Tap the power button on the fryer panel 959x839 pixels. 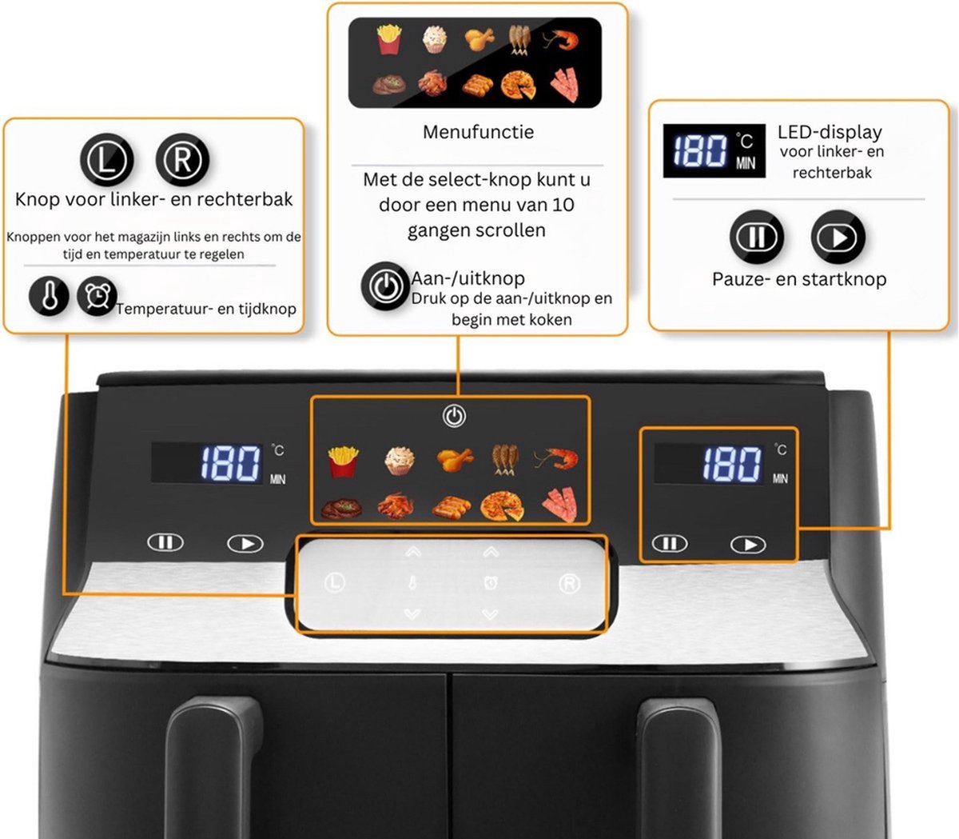pos(454,416)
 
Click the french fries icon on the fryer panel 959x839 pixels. pos(344,461)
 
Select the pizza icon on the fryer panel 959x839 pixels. pos(502,505)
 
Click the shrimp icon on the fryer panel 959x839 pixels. pos(556,459)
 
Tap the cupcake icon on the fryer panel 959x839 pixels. pos(400,461)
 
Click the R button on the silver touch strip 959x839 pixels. pos(570,583)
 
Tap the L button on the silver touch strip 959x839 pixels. pos(335,583)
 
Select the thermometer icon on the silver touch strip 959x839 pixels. pos(412,583)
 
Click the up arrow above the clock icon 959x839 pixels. pos(491,552)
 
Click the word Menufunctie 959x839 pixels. pos(478,132)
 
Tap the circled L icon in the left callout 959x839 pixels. pos(107,160)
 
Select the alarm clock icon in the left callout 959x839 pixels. pos(97,295)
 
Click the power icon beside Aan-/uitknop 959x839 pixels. pos(385,286)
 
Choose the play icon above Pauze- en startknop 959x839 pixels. pos(838,237)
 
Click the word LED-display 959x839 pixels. pos(830,132)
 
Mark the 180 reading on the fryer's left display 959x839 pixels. pos(231,463)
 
